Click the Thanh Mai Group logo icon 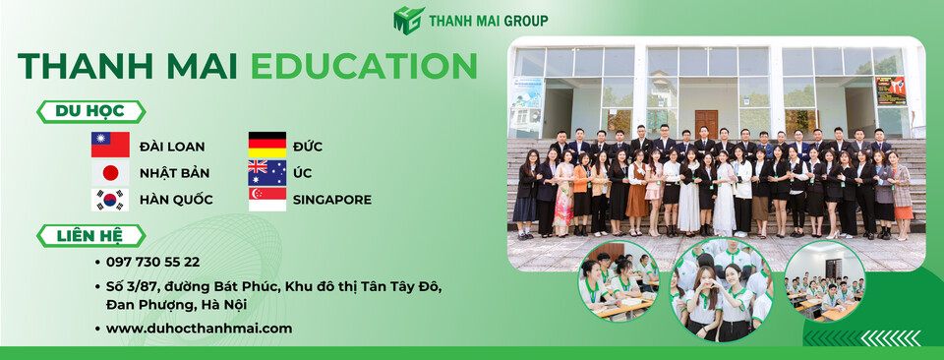click(x=408, y=20)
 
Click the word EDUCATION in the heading click(x=364, y=66)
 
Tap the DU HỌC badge click(x=90, y=112)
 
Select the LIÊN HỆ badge click(x=90, y=236)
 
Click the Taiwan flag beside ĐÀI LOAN click(x=110, y=145)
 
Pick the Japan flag click(x=110, y=172)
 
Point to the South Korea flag click(x=110, y=200)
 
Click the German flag click(x=266, y=145)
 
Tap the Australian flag click(x=266, y=172)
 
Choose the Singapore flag click(x=266, y=200)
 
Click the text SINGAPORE click(x=332, y=200)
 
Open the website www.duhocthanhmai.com click(x=199, y=329)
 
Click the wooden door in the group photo click(x=706, y=123)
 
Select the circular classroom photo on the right click(x=825, y=282)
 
